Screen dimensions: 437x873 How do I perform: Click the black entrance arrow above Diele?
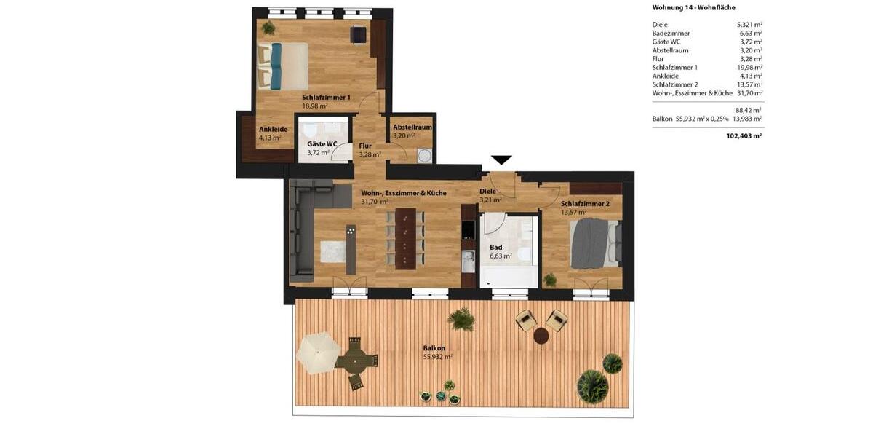501,160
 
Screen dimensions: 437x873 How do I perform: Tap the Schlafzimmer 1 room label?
326,97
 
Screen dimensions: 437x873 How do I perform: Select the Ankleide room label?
273,129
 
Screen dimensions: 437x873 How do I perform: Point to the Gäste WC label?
322,144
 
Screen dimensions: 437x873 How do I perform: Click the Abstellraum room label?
412,127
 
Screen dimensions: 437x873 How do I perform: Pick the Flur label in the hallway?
365,146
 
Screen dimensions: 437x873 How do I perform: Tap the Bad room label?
495,247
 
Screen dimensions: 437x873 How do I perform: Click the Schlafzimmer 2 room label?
584,204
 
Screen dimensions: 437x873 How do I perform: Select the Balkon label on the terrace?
434,348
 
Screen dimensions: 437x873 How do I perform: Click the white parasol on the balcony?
315,352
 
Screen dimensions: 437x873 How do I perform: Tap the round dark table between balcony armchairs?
541,335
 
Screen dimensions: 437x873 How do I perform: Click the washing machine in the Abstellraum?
424,155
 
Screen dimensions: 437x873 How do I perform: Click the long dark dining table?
405,239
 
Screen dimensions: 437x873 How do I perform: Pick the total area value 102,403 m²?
744,135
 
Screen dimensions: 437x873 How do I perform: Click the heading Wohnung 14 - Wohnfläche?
693,7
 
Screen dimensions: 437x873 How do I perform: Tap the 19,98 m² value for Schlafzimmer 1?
749,67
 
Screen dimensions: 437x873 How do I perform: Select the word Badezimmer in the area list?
671,33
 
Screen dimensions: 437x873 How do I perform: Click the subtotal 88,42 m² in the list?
748,110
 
